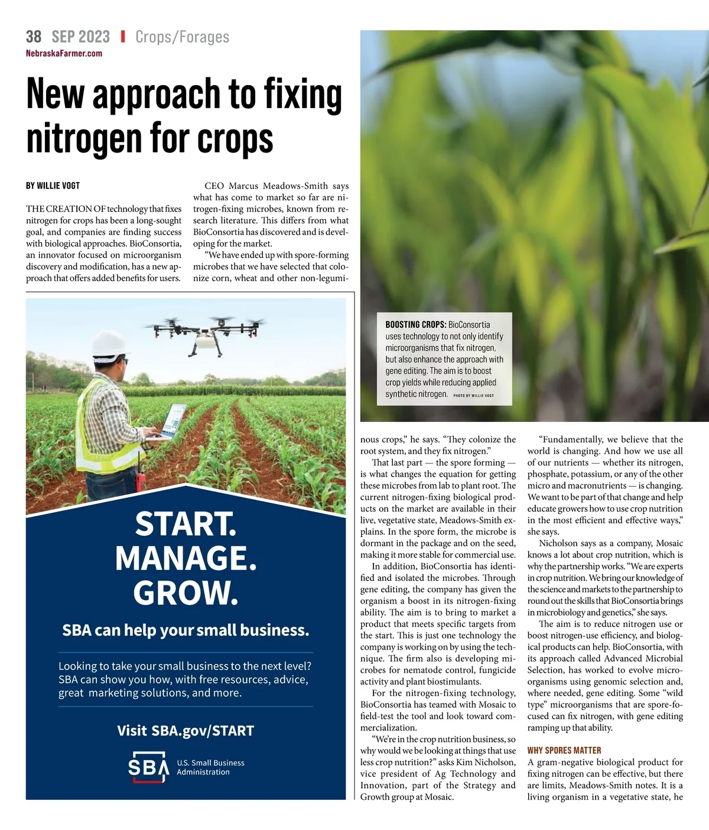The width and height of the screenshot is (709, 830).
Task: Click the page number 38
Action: coord(34,37)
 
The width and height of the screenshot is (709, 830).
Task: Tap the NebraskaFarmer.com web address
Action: coord(64,53)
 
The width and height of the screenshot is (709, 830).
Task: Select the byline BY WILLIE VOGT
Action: coord(53,185)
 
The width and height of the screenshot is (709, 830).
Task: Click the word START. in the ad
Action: coord(186,524)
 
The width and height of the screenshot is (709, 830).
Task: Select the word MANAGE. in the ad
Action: coord(186,558)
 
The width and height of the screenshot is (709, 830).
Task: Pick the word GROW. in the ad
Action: coord(186,593)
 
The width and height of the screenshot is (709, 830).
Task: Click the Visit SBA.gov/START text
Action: coord(186,731)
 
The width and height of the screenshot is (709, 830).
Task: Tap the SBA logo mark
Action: coord(148,767)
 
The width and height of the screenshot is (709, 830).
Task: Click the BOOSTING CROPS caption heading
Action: coord(415,324)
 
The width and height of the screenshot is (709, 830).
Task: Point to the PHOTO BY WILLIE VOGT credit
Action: coord(473,395)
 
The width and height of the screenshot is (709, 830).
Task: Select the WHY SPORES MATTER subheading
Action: coord(564,750)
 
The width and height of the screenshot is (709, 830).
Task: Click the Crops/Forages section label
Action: coord(182,37)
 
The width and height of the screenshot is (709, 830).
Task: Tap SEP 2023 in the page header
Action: coord(80,37)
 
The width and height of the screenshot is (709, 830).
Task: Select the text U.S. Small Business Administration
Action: coord(210,767)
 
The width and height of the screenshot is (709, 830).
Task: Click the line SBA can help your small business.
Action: coord(186,630)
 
